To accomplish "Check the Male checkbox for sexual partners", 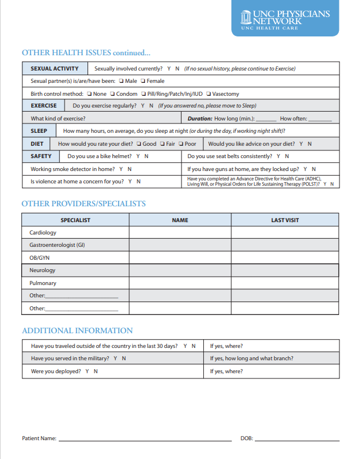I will click(121, 81).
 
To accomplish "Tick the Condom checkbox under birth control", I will click(112, 94).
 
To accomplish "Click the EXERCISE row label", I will click(44, 106).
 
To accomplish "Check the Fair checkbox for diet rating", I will click(162, 144).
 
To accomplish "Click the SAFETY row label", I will click(41, 156).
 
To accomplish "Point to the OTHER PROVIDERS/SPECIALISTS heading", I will click(83, 204).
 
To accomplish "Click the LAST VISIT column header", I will click(285, 220).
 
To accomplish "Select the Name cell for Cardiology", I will click(180, 233).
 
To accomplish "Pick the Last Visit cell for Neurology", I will click(285, 270).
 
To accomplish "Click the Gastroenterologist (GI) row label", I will click(57, 245).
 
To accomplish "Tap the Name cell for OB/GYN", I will click(180, 258).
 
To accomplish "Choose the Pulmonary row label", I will click(43, 283).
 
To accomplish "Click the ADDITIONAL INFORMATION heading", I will click(77, 331).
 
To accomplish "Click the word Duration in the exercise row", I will click(200, 119).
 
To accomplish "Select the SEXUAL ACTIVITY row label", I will click(55, 69).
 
